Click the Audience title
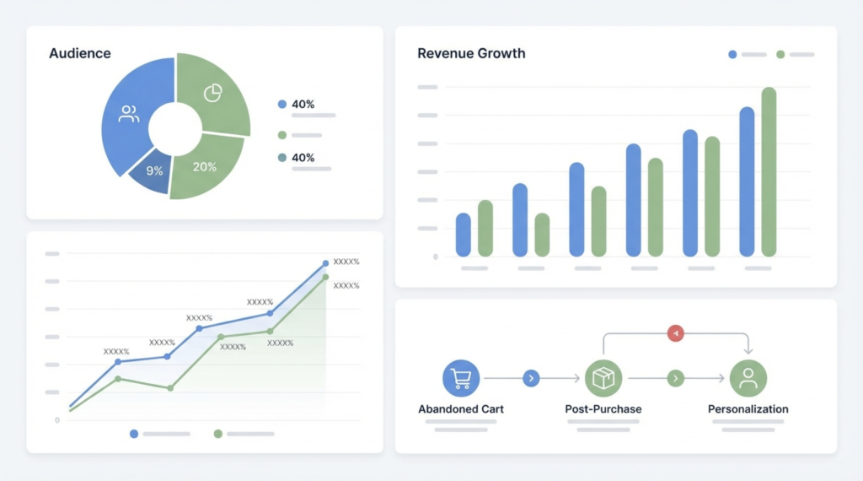click(x=79, y=53)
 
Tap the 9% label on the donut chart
click(x=154, y=170)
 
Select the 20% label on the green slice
click(x=205, y=166)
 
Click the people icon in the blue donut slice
click(x=129, y=114)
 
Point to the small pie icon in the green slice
click(x=212, y=93)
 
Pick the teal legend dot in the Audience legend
click(x=282, y=158)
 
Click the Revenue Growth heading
click(x=471, y=53)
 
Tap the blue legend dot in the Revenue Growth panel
click(x=732, y=54)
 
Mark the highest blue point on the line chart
click(x=325, y=264)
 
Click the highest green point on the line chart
click(x=325, y=277)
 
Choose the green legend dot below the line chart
click(x=218, y=434)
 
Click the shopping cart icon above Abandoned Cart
click(x=461, y=379)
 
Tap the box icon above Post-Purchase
click(x=603, y=379)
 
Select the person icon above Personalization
click(x=748, y=379)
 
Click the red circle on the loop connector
click(x=675, y=333)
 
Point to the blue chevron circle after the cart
click(x=531, y=379)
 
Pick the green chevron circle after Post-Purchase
click(x=675, y=379)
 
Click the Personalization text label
click(x=748, y=409)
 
